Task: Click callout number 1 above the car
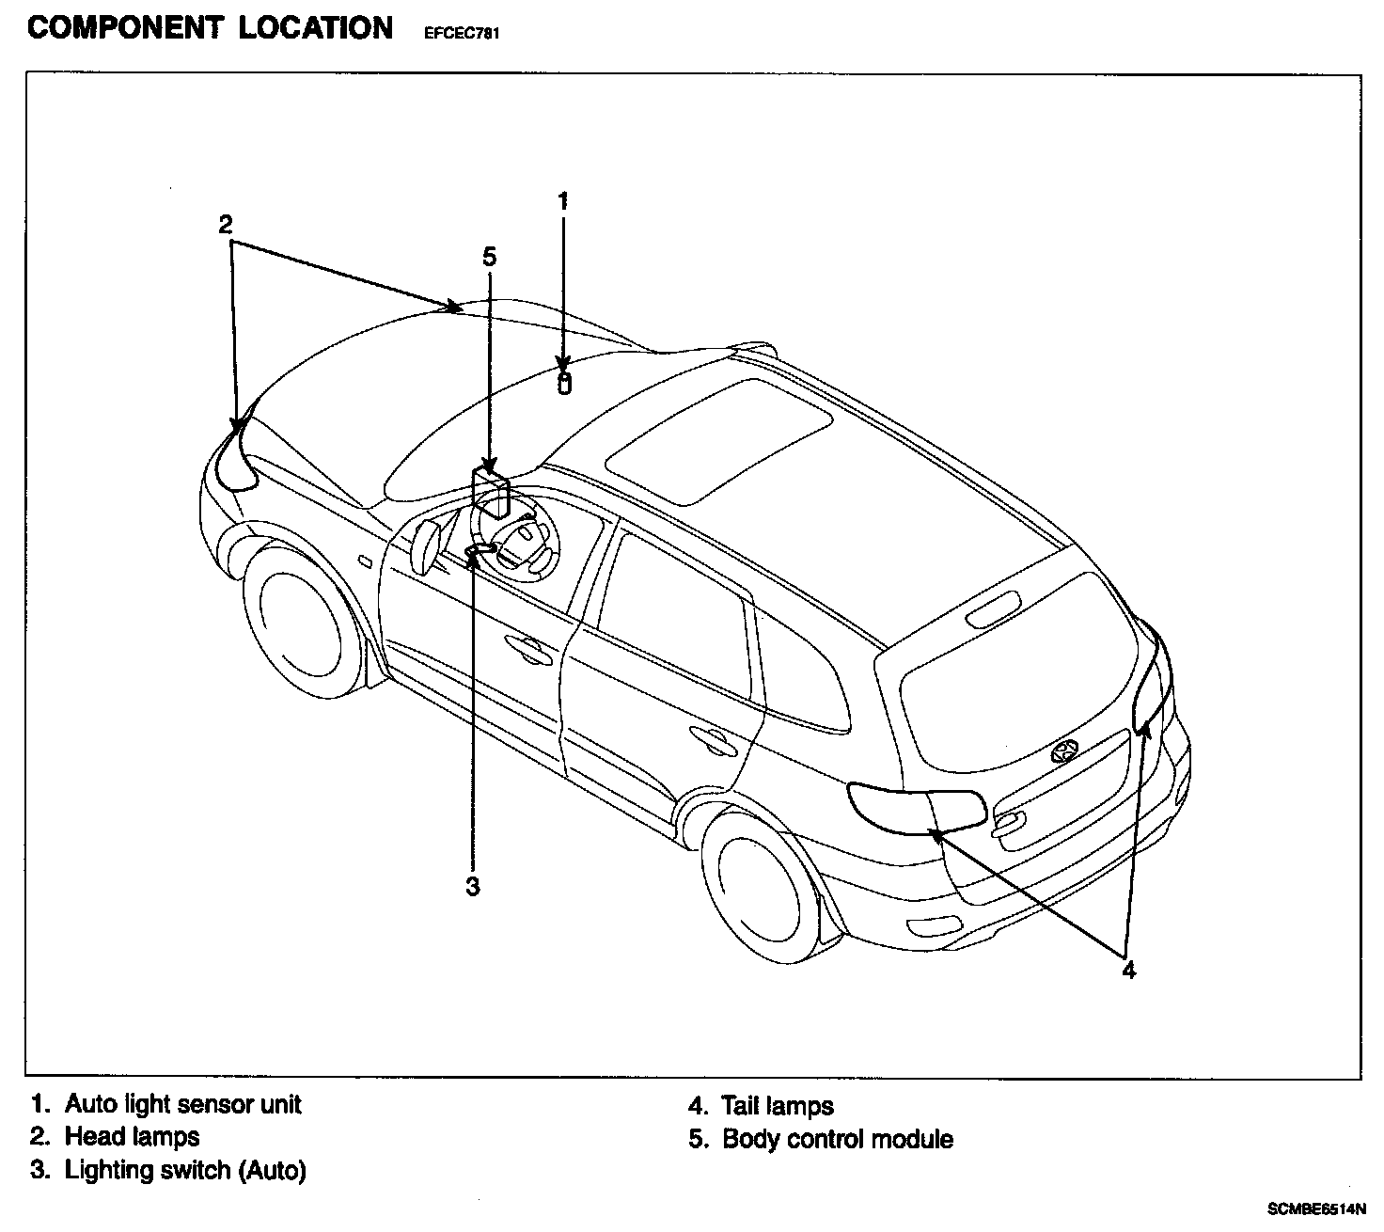point(563,200)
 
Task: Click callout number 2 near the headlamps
point(226,224)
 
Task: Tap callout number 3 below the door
point(473,886)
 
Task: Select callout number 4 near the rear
point(1128,970)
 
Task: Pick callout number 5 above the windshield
point(489,256)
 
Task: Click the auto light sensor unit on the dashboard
point(564,384)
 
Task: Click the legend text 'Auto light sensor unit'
point(183,1103)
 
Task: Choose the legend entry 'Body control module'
point(837,1140)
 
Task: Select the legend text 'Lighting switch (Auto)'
point(185,1171)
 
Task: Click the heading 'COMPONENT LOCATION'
point(211,28)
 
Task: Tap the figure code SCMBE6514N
point(1315,1208)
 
